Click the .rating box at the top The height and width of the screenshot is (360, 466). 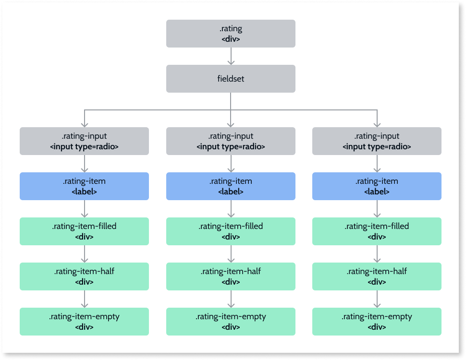coord(231,34)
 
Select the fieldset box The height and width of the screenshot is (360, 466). coord(231,78)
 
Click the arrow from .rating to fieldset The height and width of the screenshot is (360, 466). coord(231,56)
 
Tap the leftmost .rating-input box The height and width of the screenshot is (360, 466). coord(84,141)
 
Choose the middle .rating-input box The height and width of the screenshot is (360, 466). coord(231,141)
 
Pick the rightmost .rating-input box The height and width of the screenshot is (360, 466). coord(377,141)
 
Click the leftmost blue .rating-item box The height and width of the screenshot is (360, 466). coord(84,186)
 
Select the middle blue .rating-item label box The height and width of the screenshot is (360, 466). coord(231,186)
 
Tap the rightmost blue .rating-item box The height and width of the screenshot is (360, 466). coord(377,186)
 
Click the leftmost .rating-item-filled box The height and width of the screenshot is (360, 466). coord(84,231)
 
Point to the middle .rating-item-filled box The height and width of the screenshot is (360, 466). coord(231,231)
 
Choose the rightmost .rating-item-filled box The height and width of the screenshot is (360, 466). coord(377,231)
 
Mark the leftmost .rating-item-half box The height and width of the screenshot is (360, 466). coord(84,276)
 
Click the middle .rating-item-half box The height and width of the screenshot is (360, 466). coord(231,276)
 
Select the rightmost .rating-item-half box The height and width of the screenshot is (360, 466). coord(377,276)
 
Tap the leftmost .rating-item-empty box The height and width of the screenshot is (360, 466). coord(84,322)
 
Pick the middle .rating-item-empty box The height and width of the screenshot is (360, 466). coord(231,322)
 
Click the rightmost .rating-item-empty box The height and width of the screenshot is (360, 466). coord(377,322)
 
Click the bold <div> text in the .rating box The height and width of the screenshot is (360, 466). coord(231,39)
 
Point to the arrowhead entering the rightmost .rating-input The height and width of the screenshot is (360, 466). coord(377,124)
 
